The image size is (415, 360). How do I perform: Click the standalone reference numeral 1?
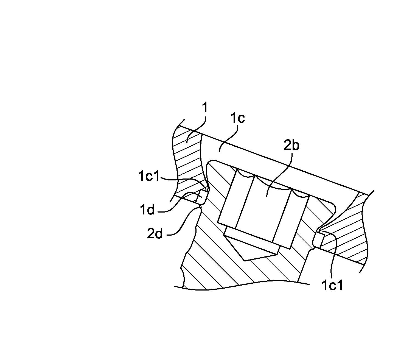click(x=205, y=108)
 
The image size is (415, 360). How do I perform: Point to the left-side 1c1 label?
click(x=148, y=176)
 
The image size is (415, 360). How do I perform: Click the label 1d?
click(x=147, y=210)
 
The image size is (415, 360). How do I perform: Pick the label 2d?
click(x=155, y=233)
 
